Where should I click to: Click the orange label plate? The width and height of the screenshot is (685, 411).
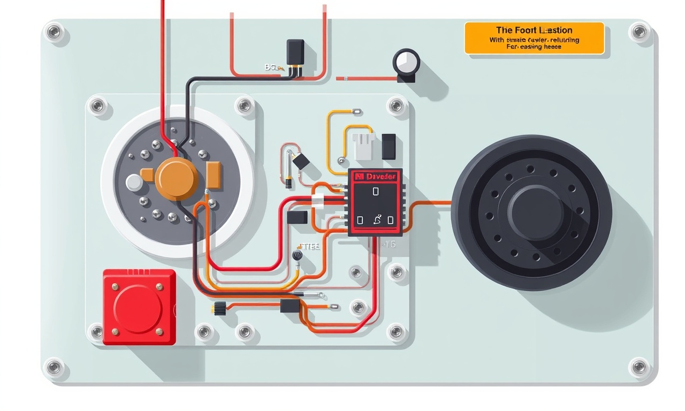(534, 38)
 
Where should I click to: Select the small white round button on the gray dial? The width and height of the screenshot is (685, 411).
(134, 182)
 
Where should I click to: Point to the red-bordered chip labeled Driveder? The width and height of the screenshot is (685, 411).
(375, 202)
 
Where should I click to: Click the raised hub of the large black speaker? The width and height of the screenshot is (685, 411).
(535, 213)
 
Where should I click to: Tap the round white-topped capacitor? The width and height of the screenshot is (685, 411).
(406, 62)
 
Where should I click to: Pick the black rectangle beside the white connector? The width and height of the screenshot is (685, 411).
(389, 147)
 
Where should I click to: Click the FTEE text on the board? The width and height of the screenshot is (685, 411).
(309, 247)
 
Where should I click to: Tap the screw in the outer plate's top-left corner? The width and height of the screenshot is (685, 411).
(54, 32)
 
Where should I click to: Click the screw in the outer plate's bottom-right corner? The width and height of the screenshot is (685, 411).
(638, 367)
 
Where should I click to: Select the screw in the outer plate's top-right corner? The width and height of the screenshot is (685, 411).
(639, 31)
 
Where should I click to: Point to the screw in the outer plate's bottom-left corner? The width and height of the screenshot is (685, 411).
(54, 367)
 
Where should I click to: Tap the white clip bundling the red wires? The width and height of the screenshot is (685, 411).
(317, 201)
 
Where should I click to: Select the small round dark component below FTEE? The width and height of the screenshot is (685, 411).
(298, 256)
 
